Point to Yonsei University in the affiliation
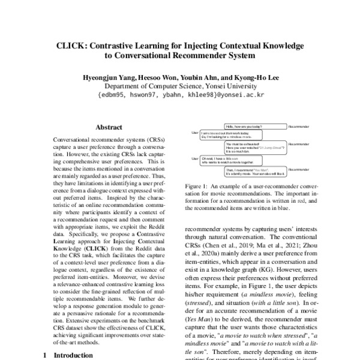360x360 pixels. pyautogui.click(x=226, y=86)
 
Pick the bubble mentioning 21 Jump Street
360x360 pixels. pyautogui.click(x=253, y=147)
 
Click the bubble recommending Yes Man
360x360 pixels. pyautogui.click(x=253, y=172)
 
